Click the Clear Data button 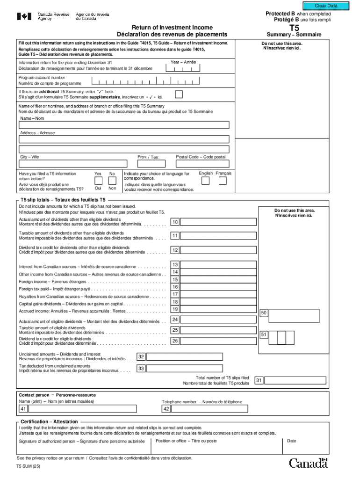pyautogui.click(x=326, y=6)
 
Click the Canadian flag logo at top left pyautogui.click(x=24, y=16)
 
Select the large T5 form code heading pyautogui.click(x=294, y=28)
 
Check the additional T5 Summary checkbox pyautogui.click(x=179, y=94)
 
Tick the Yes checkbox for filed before pyautogui.click(x=98, y=181)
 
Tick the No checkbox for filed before pyautogui.click(x=112, y=181)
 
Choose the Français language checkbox pyautogui.click(x=223, y=181)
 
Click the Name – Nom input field pyautogui.click(x=124, y=125)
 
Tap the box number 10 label pyautogui.click(x=175, y=222)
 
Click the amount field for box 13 pyautogui.click(x=218, y=265)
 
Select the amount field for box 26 pyautogui.click(x=218, y=341)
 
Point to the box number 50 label pyautogui.click(x=264, y=313)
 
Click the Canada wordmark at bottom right pyautogui.click(x=308, y=463)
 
